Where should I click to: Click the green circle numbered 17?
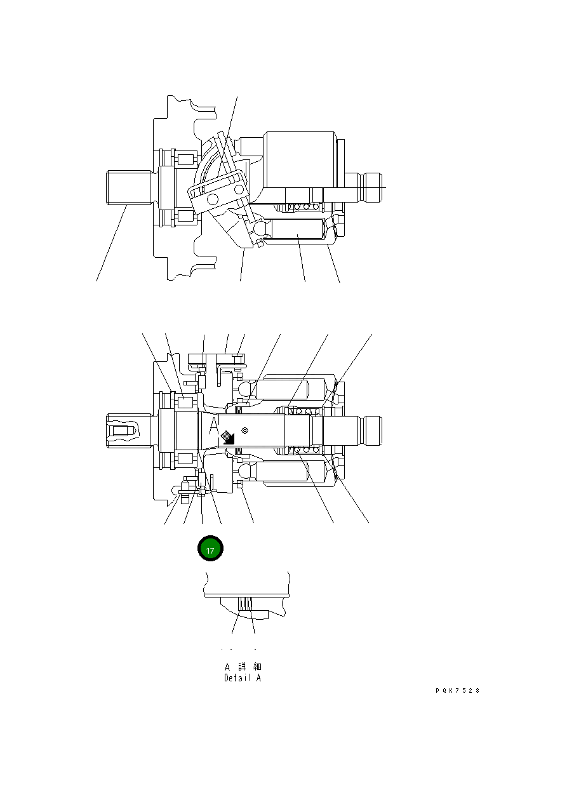(210, 549)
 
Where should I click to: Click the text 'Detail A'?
(243, 678)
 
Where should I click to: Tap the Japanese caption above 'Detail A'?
(243, 667)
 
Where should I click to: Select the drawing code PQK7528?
(457, 691)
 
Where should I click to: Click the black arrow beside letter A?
(227, 436)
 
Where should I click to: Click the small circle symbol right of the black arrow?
(244, 431)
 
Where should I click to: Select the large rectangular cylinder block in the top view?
(300, 159)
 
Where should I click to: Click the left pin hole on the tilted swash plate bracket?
(211, 200)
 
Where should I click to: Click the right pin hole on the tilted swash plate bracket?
(239, 189)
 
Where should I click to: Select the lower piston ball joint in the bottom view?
(246, 472)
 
